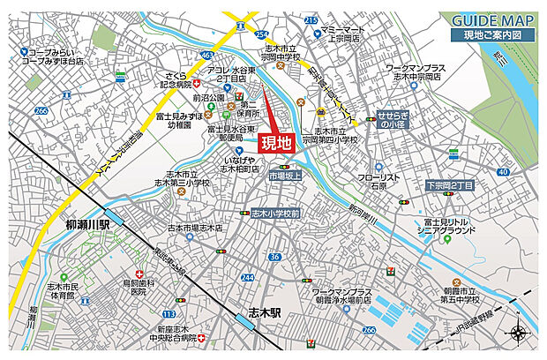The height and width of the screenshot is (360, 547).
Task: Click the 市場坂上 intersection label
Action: pos(285,176)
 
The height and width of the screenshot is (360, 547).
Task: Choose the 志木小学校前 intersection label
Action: pos(274,214)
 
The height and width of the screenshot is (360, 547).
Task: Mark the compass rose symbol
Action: pos(518,334)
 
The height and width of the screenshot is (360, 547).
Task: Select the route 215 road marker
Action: pos(311,19)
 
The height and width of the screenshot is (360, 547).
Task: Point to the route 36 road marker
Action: pos(274,257)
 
